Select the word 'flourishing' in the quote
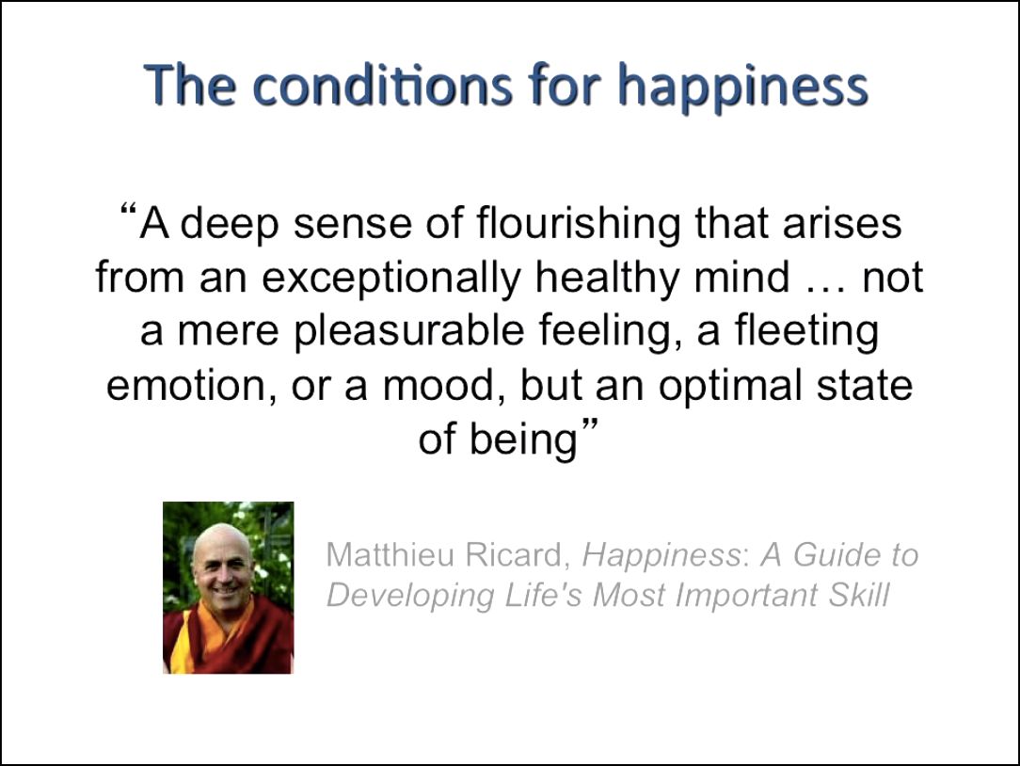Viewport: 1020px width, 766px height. (579, 225)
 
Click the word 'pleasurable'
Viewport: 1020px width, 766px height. (409, 332)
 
